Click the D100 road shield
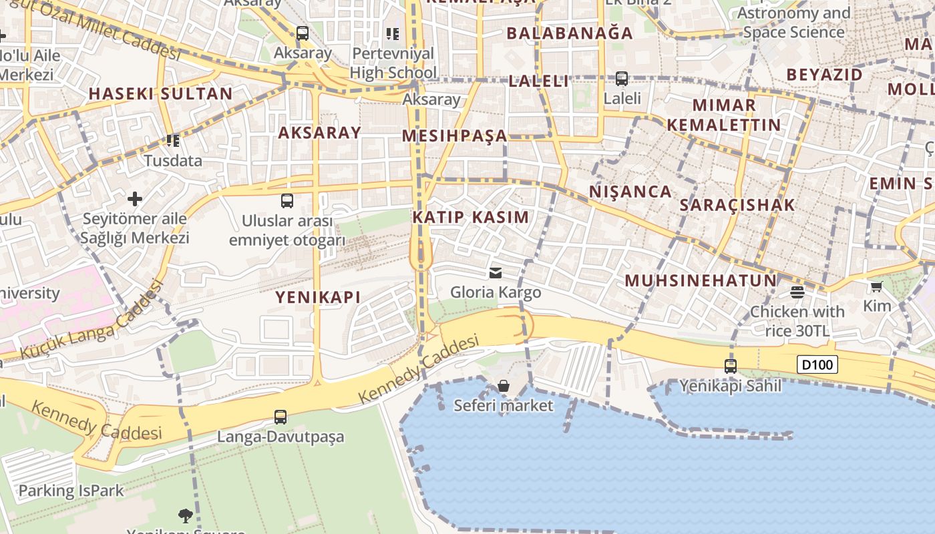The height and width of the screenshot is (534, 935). pyautogui.click(x=817, y=364)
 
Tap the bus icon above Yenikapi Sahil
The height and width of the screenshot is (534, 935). pyautogui.click(x=731, y=366)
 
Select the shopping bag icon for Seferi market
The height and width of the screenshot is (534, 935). pyautogui.click(x=504, y=386)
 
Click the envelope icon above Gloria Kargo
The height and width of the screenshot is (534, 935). pyautogui.click(x=496, y=272)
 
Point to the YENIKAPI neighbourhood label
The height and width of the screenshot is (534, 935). pyautogui.click(x=318, y=298)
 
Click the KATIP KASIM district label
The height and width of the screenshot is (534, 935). pyautogui.click(x=471, y=217)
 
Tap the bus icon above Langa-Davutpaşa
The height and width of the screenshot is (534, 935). pyautogui.click(x=280, y=417)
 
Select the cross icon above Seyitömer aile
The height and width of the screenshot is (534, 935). pyautogui.click(x=135, y=199)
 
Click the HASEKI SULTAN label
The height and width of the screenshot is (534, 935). pyautogui.click(x=160, y=93)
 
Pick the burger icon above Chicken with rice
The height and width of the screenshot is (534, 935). pyautogui.click(x=797, y=292)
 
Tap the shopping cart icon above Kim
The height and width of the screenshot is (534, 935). pyautogui.click(x=877, y=286)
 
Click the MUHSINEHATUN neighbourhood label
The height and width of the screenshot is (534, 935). pyautogui.click(x=701, y=280)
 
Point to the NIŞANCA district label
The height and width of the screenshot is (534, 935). pyautogui.click(x=630, y=192)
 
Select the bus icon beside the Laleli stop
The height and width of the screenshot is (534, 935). pyautogui.click(x=622, y=79)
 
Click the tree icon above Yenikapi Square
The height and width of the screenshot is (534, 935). pyautogui.click(x=186, y=515)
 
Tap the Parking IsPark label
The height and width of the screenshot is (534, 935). pyautogui.click(x=71, y=491)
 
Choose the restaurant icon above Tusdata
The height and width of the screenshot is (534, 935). pyautogui.click(x=173, y=141)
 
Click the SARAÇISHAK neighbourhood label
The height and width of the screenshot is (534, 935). pyautogui.click(x=737, y=205)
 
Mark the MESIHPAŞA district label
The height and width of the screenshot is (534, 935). pyautogui.click(x=455, y=136)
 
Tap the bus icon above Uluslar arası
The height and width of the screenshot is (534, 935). pyautogui.click(x=287, y=200)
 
